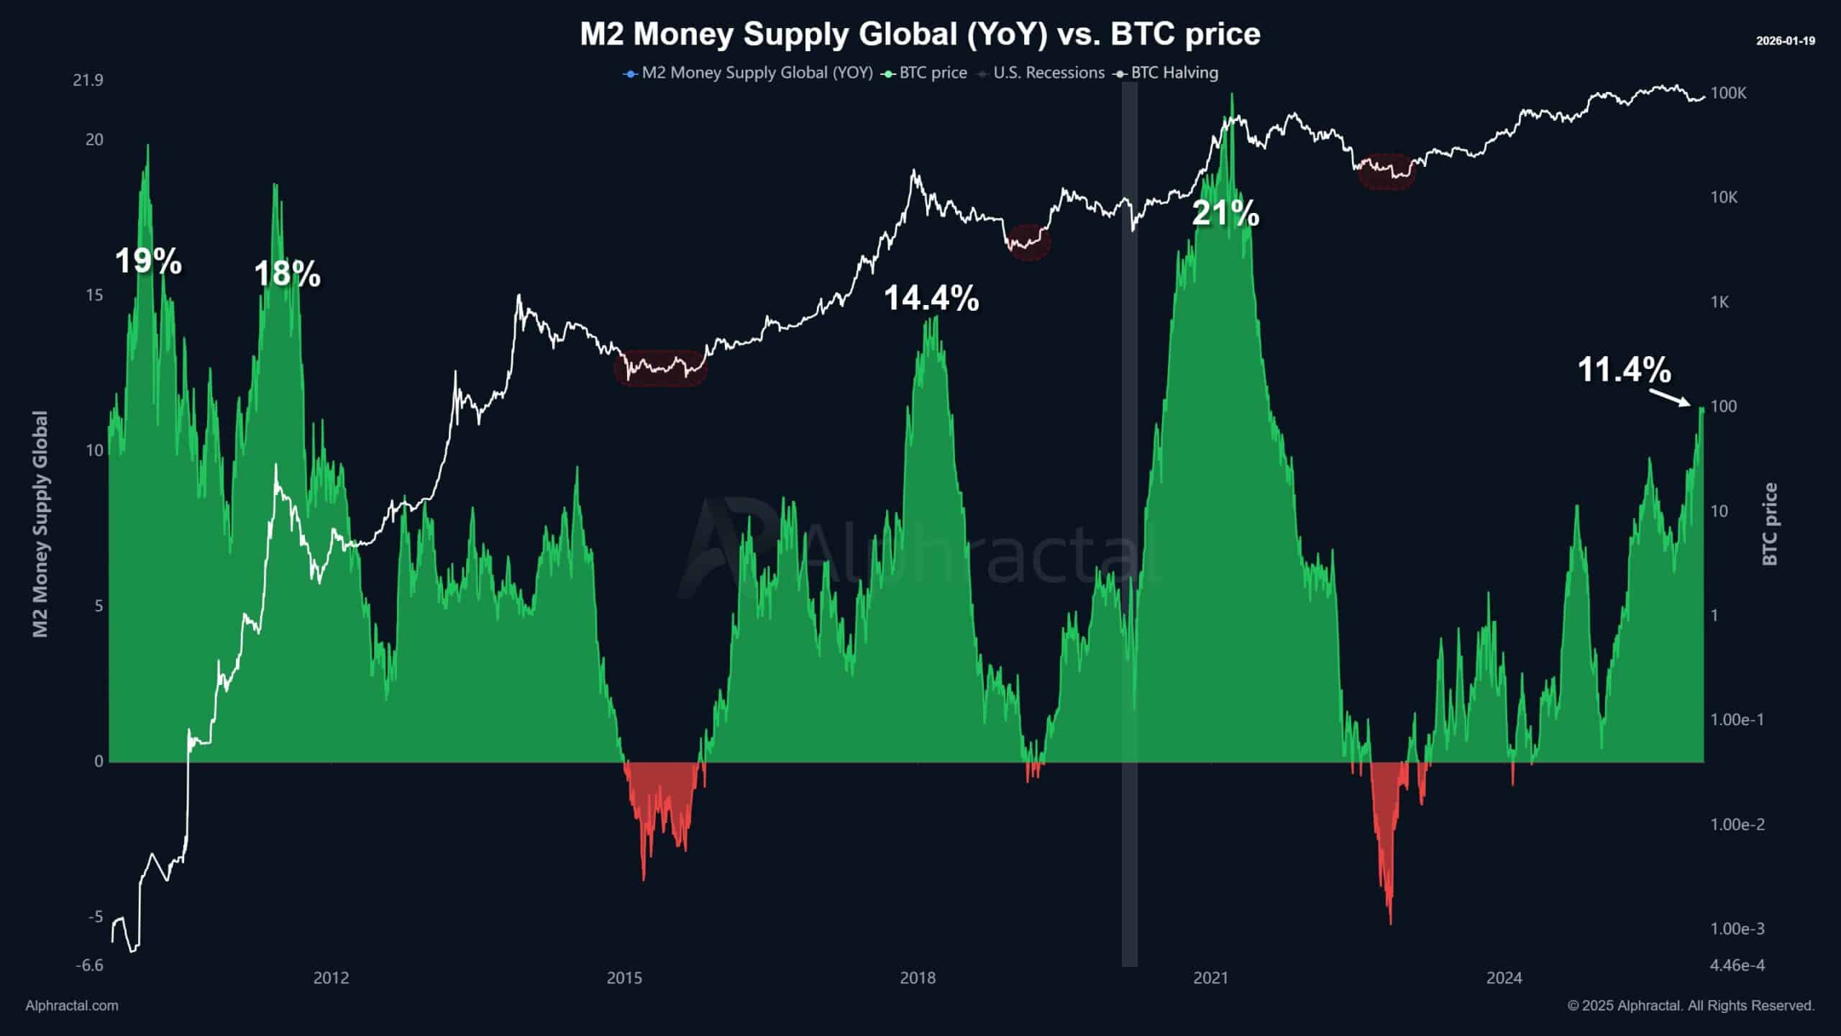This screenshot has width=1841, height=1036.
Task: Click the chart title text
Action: pos(920,35)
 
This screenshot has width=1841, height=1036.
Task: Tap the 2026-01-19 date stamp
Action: pos(1785,41)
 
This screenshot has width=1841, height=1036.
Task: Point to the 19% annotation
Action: pos(148,260)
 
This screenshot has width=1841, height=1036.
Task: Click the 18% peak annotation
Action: pos(287,274)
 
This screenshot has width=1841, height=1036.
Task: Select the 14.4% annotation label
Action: pos(931,298)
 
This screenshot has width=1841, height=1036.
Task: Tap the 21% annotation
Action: pos(1225,214)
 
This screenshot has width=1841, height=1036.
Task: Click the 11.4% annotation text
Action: pos(1624,370)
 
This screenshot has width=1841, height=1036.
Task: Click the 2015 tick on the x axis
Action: pos(624,978)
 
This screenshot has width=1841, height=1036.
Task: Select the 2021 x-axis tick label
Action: pos(1211,978)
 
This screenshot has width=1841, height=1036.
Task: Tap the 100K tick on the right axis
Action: pos(1728,93)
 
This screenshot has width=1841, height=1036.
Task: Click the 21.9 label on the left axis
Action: pos(88,80)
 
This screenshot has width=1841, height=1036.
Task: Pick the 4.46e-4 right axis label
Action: pos(1737,965)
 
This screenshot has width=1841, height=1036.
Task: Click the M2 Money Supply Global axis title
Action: pos(40,524)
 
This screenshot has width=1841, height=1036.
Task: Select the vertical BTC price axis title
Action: pos(1770,524)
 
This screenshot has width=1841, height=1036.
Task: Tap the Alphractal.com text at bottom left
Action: pos(72,1006)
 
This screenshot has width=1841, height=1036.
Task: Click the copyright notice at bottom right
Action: pos(1691,1006)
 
